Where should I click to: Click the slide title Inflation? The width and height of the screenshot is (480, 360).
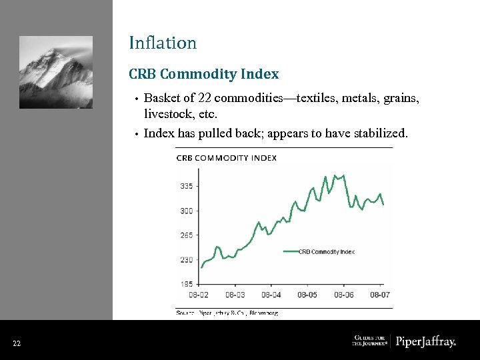coord(163,43)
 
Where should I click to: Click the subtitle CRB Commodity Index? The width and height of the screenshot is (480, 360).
coord(203,74)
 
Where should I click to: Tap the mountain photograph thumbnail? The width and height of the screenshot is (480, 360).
coord(56,72)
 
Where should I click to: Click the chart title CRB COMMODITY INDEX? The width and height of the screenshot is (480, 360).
coord(226,158)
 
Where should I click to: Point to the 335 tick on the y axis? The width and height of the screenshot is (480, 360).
coord(186,187)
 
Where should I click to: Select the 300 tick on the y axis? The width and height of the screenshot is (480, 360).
coord(186,211)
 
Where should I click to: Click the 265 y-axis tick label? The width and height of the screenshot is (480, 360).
coord(186,235)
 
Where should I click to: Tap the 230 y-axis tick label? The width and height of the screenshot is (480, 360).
coord(186,260)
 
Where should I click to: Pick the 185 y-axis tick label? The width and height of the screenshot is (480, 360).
coord(186,284)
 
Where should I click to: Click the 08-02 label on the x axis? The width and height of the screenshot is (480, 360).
coord(199,294)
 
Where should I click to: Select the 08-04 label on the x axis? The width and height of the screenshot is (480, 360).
coord(271,294)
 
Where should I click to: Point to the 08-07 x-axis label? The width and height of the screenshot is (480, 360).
coord(379,294)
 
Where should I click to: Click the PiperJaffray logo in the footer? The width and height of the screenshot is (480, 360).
coord(425,342)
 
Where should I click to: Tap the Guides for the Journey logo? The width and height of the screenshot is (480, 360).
coord(369,341)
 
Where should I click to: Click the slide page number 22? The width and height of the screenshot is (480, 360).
coord(17,343)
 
